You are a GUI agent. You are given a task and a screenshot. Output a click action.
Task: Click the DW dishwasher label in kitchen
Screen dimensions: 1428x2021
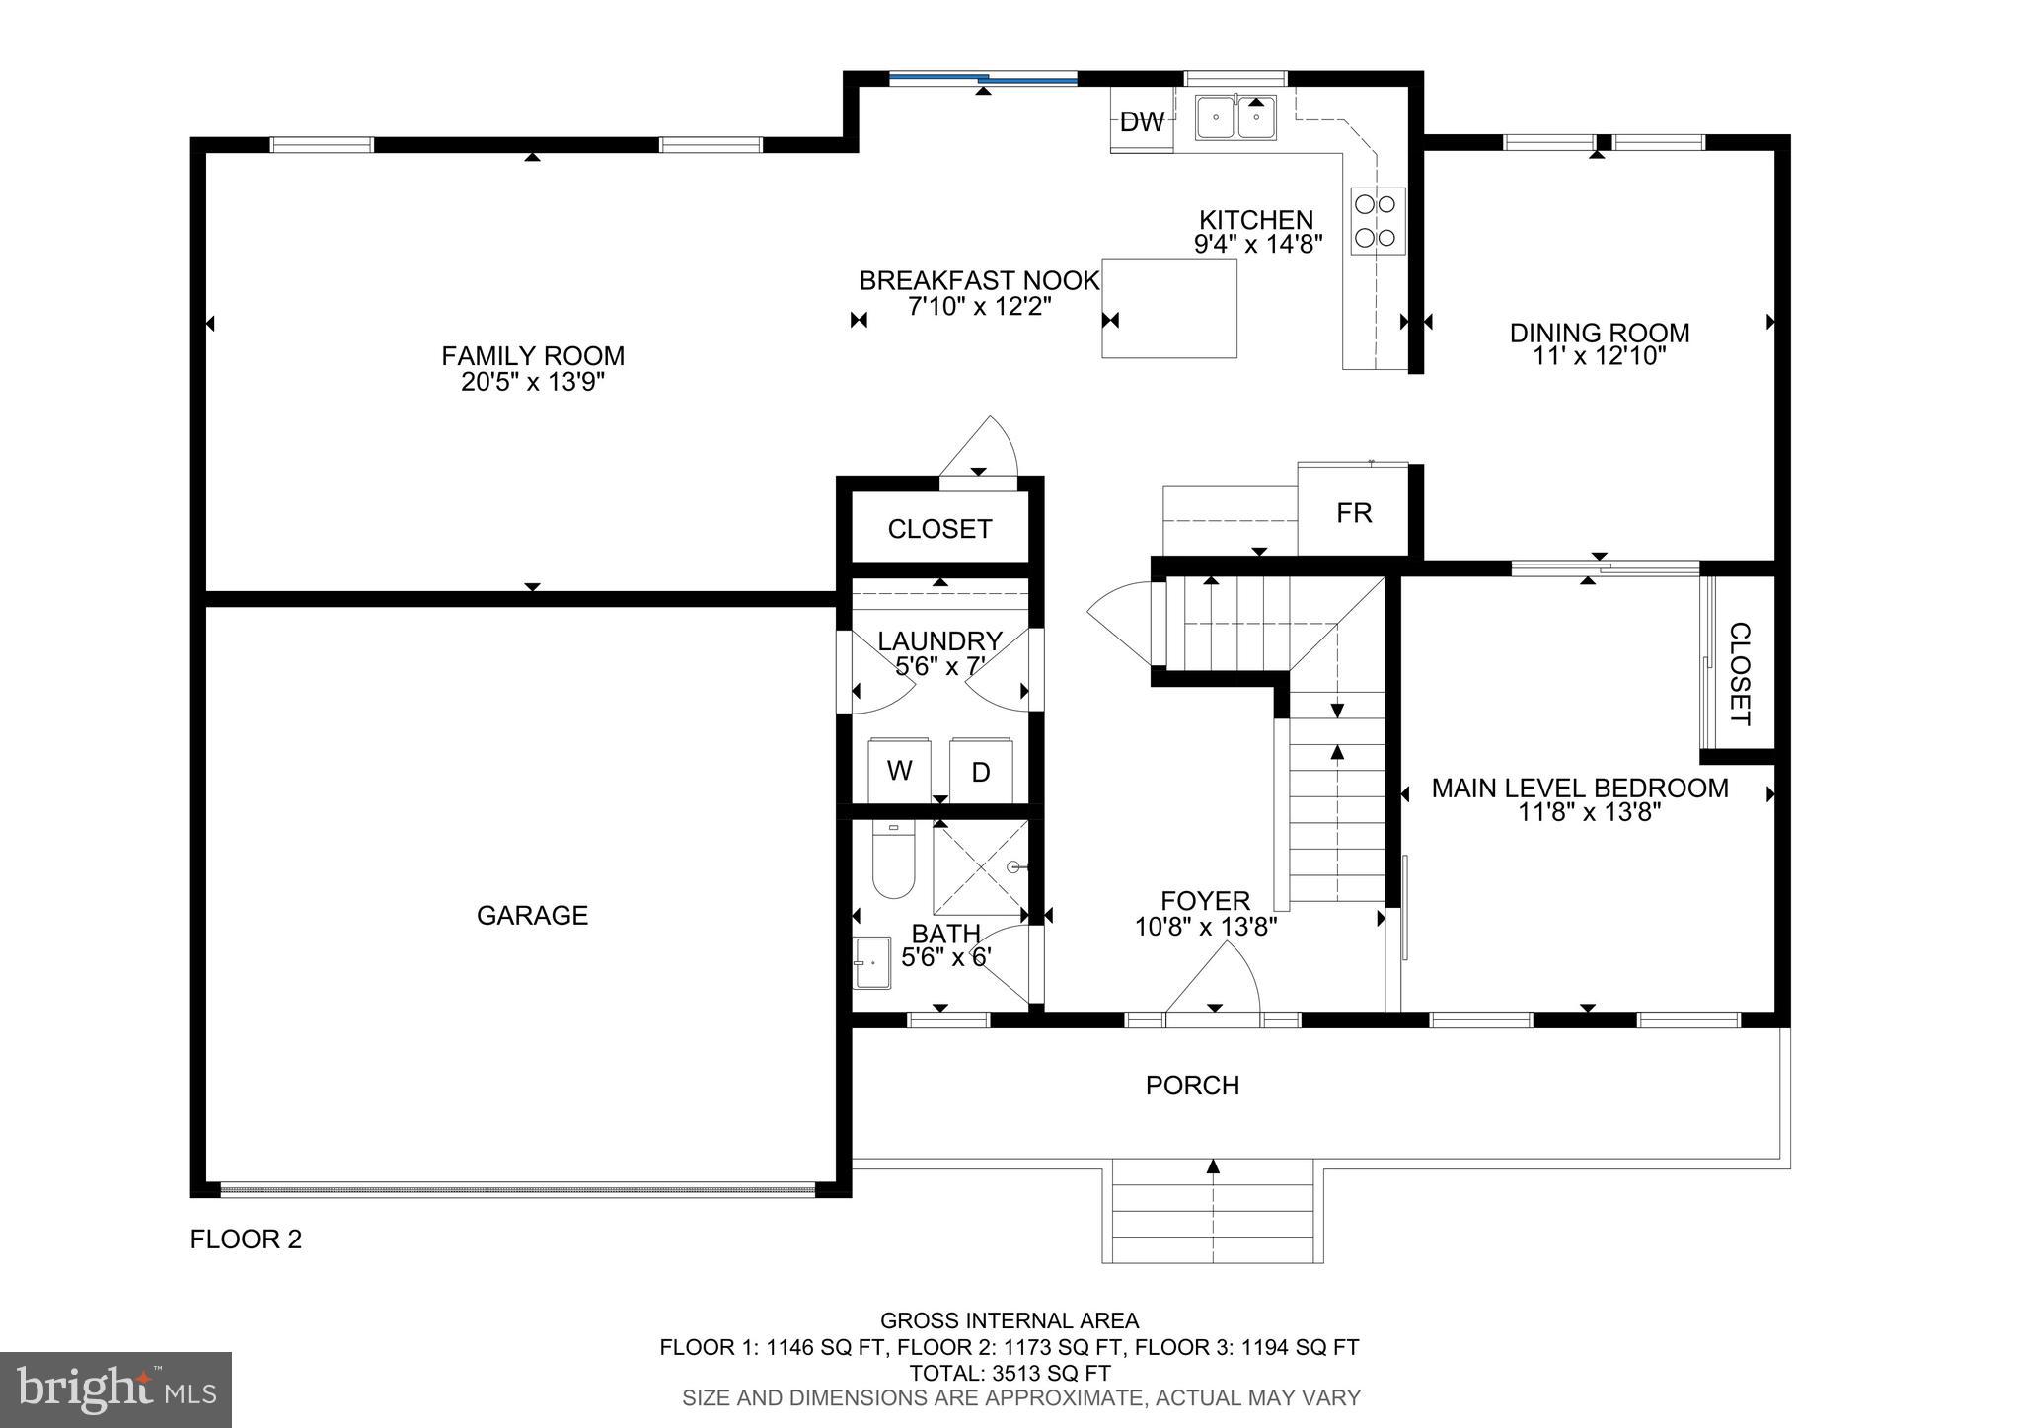[x=1142, y=122]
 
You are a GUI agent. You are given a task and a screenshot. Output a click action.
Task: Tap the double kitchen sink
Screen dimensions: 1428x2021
[x=1235, y=117]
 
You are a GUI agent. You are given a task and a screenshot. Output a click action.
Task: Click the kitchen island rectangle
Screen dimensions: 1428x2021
[x=1169, y=308]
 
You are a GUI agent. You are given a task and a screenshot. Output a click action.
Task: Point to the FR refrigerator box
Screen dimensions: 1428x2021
[x=1354, y=512]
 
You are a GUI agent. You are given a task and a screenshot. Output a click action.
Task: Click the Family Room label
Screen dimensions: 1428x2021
[x=533, y=355]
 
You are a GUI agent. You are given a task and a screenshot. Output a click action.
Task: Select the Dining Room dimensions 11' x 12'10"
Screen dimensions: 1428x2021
[x=1600, y=357]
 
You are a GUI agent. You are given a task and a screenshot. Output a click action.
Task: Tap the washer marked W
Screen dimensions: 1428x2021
[x=899, y=771]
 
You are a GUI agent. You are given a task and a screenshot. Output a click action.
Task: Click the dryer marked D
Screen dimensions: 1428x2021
[x=981, y=772]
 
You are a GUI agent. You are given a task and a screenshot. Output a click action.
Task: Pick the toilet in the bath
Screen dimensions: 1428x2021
[x=893, y=863]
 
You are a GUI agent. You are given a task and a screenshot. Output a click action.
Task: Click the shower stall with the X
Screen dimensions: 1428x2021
[x=981, y=866]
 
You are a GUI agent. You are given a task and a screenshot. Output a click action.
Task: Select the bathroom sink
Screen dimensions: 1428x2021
[x=872, y=962]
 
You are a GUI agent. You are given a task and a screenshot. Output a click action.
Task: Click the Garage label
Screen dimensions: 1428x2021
[x=532, y=915]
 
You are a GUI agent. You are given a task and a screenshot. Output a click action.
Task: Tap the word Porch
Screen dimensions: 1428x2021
[x=1192, y=1085]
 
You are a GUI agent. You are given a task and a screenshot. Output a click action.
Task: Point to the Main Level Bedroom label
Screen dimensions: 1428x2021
[x=1579, y=788]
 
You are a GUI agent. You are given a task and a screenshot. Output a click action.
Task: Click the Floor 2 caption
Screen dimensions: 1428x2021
[x=246, y=1239]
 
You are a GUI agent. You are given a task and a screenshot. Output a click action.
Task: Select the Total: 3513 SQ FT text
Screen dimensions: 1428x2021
[x=1010, y=1373]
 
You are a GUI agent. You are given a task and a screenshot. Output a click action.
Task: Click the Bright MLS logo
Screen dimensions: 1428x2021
[x=116, y=1390]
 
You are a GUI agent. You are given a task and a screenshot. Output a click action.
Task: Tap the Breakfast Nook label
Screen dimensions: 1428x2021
[x=979, y=280]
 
